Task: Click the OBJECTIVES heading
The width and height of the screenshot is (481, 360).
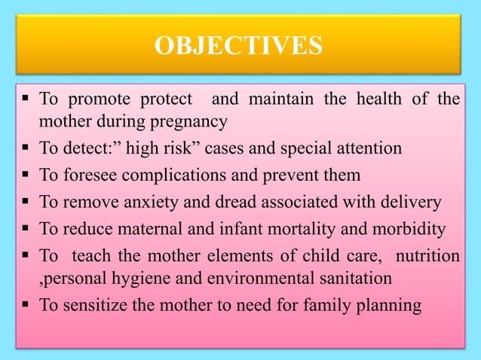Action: pos(239,45)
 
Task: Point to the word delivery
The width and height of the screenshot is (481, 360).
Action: pos(412,201)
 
